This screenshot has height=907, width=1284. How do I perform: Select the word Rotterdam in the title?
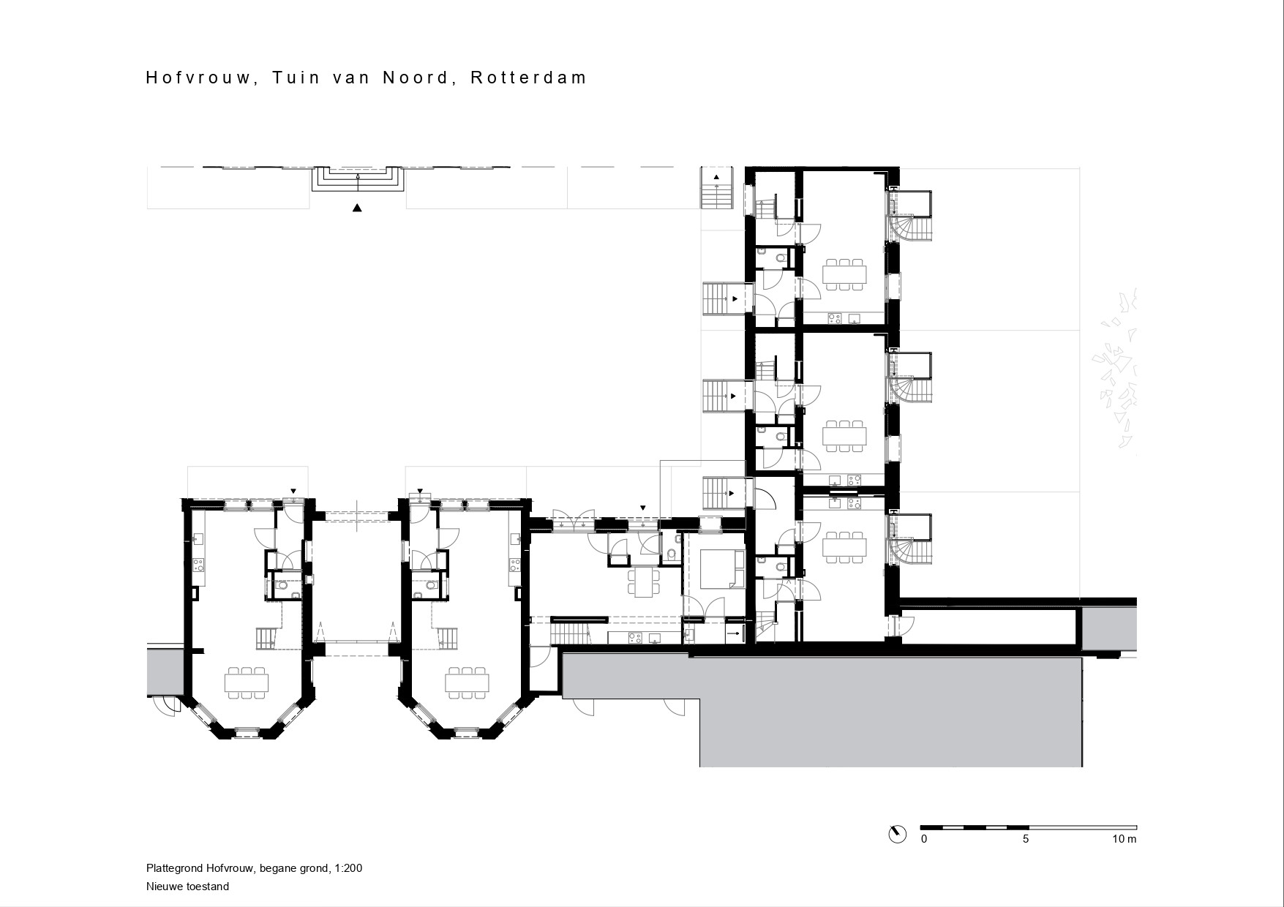point(528,78)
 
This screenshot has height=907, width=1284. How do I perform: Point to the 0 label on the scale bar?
point(924,839)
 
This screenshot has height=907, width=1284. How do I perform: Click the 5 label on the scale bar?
point(1026,839)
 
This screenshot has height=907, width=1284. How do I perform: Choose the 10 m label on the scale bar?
point(1125,839)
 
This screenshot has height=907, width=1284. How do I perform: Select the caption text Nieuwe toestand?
point(187,887)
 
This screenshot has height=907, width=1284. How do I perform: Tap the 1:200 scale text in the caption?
point(348,869)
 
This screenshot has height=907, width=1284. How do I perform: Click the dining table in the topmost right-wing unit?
point(845,275)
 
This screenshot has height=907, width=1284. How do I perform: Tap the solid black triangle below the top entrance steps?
point(357,208)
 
